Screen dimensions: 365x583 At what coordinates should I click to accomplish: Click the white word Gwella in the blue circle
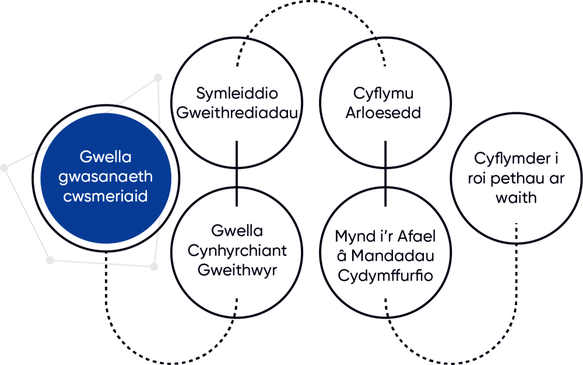[106, 157]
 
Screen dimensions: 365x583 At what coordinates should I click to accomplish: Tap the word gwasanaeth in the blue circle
[106, 176]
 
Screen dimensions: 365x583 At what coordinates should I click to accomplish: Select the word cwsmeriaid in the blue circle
[106, 196]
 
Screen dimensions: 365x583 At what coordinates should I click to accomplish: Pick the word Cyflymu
[384, 94]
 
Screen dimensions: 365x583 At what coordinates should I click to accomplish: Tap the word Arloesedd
[384, 112]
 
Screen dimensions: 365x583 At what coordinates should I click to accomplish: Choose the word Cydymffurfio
[385, 275]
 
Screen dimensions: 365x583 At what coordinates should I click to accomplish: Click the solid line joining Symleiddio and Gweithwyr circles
[237, 175]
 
